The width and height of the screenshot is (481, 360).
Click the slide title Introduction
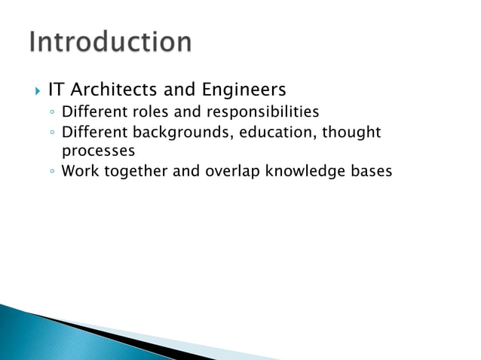(x=111, y=41)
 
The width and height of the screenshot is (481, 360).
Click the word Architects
(x=114, y=90)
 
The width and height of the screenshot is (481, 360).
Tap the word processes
(x=93, y=150)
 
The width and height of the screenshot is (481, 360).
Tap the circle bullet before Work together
(x=50, y=172)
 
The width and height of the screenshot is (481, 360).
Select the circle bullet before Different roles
(x=50, y=113)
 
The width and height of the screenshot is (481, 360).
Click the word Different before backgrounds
(x=95, y=133)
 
